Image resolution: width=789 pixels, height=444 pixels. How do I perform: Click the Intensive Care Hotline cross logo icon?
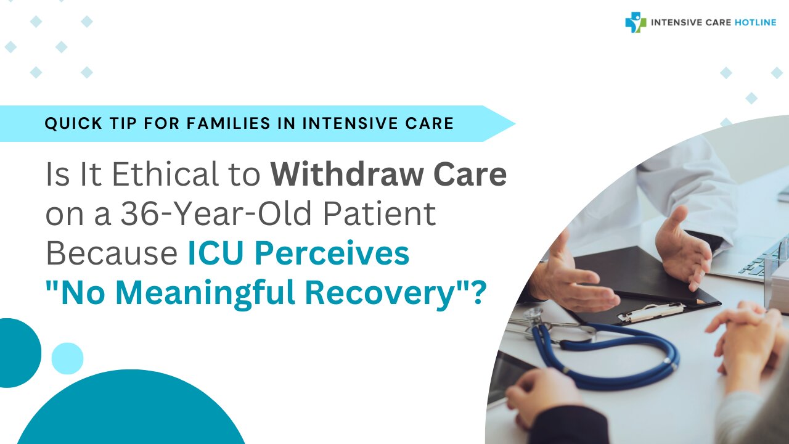tap(636, 23)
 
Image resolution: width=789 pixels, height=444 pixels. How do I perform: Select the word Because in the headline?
tap(112, 253)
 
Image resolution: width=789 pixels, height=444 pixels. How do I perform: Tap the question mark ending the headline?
tap(478, 293)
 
